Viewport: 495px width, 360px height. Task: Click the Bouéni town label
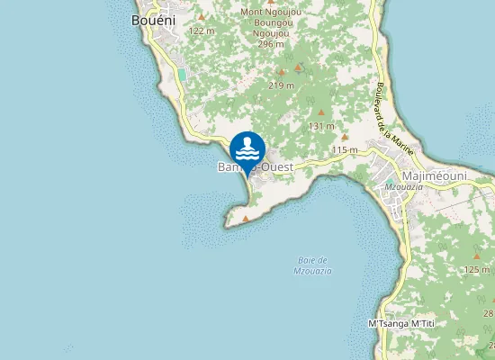point(153,19)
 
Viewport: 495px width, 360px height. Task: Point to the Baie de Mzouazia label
point(314,265)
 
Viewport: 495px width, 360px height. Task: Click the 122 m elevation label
point(201,31)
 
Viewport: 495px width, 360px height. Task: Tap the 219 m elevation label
point(282,85)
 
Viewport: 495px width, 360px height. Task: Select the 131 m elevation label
point(321,126)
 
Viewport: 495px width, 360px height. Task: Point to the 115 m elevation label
point(345,149)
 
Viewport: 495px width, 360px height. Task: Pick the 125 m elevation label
point(476,269)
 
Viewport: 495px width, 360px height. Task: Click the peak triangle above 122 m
point(202,17)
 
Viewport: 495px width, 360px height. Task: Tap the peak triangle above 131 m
point(321,112)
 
